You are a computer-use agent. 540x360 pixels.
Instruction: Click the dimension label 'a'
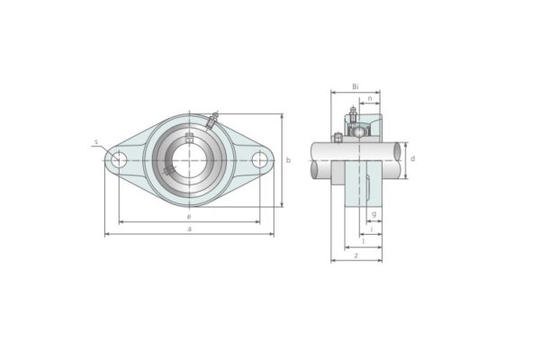189,229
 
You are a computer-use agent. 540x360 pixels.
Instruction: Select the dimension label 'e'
189,216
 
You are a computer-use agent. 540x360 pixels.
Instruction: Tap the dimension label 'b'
288,160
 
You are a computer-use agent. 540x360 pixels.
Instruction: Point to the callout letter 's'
95,142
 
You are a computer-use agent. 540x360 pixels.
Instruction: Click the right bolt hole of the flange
260,160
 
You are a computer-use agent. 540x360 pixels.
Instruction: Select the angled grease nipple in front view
213,120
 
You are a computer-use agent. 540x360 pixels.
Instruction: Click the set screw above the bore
189,138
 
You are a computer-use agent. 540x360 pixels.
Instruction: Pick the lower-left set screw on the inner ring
169,171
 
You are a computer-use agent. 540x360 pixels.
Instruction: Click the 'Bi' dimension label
355,86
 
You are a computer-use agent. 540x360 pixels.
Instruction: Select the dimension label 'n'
369,98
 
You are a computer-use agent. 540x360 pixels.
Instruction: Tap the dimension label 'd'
412,159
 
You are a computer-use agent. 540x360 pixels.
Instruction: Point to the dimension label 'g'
373,214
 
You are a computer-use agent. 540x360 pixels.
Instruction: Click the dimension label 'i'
372,229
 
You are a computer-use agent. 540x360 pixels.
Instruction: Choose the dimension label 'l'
362,241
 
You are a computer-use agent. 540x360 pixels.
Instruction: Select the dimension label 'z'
356,255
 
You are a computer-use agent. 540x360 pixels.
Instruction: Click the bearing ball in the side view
359,132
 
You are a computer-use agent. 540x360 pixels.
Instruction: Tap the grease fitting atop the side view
353,113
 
